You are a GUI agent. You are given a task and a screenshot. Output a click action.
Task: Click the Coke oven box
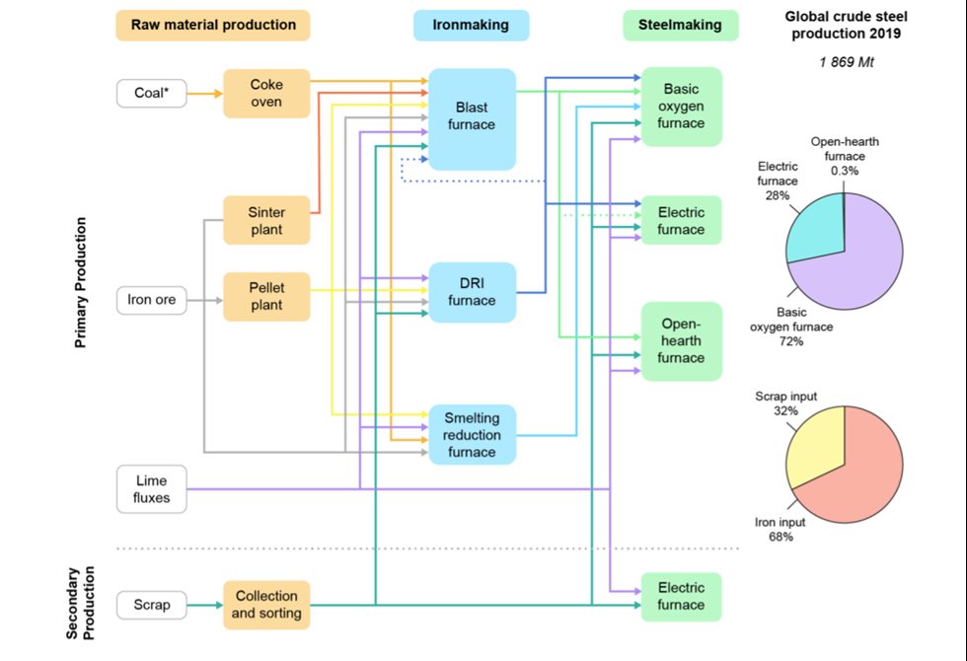pyautogui.click(x=266, y=94)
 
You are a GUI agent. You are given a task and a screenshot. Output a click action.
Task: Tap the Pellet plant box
pyautogui.click(x=266, y=297)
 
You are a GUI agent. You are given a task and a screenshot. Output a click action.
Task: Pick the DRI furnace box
pyautogui.click(x=472, y=292)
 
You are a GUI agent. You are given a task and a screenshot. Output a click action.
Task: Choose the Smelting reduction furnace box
pyautogui.click(x=472, y=435)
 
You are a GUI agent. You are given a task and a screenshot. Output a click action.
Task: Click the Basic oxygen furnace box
pyautogui.click(x=681, y=106)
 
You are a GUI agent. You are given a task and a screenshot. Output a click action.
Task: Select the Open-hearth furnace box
pyautogui.click(x=681, y=340)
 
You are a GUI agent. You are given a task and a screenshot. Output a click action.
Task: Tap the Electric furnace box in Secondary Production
pyautogui.click(x=681, y=597)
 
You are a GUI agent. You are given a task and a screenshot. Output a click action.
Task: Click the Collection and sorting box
pyautogui.click(x=266, y=605)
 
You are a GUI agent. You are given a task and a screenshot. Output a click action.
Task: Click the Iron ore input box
pyautogui.click(x=152, y=300)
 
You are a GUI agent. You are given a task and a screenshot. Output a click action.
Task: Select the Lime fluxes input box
pyautogui.click(x=151, y=489)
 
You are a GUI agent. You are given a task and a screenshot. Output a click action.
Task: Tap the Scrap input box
pyautogui.click(x=150, y=605)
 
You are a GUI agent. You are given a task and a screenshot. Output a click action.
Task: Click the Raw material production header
pyautogui.click(x=213, y=25)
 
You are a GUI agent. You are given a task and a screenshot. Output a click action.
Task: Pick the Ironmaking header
pyautogui.click(x=471, y=25)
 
